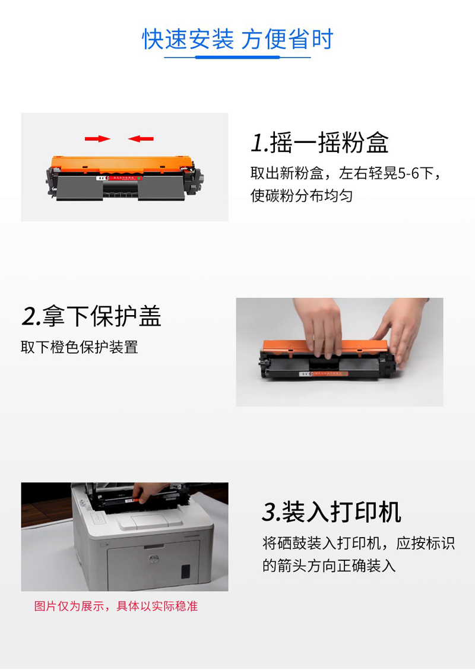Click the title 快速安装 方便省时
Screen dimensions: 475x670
[237, 39]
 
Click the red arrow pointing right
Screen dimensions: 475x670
[97, 138]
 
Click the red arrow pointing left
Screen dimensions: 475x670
[141, 138]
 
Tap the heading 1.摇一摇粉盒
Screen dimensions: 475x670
[320, 142]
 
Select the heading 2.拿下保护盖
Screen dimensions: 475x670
[91, 316]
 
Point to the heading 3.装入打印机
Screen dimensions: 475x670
[332, 512]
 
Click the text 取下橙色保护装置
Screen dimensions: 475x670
[80, 347]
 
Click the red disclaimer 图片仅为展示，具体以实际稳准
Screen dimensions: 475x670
[116, 606]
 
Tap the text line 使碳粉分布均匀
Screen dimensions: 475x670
[302, 196]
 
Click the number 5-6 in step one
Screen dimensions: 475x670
[408, 173]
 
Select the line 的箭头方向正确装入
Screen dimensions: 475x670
[329, 566]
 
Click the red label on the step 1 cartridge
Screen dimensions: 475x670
[124, 177]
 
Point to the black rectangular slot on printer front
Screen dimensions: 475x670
[186, 571]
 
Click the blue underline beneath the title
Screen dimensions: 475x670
[237, 57]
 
